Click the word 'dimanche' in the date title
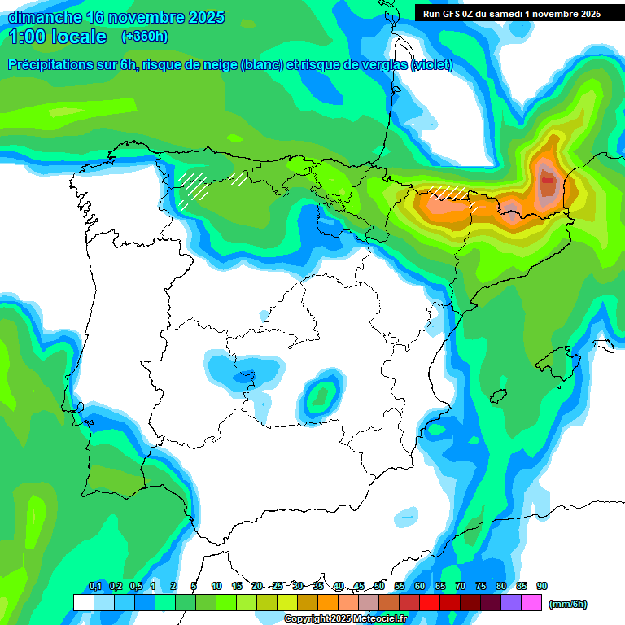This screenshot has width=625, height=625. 41,17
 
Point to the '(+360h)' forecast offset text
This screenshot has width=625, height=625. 144,37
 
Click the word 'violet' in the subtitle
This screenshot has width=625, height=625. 431,65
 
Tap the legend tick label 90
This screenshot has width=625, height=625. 542,587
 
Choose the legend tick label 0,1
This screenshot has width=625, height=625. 94,587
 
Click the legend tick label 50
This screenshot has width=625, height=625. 379,587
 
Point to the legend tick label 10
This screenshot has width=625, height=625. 216,587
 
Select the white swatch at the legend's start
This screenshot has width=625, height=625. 83,602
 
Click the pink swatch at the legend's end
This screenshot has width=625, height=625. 531,602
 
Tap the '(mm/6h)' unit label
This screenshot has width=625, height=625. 568,603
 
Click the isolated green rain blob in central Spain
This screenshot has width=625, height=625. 322,396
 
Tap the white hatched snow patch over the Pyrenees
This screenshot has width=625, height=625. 450,194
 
